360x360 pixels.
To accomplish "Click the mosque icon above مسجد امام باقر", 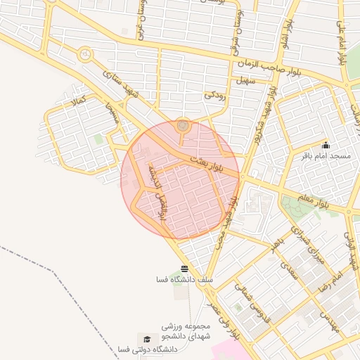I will (x=325, y=145).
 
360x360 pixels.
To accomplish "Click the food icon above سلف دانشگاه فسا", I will (x=184, y=269).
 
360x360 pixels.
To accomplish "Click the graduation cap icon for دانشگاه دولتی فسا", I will (x=146, y=339).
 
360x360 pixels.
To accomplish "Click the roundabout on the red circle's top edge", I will (x=183, y=125).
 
